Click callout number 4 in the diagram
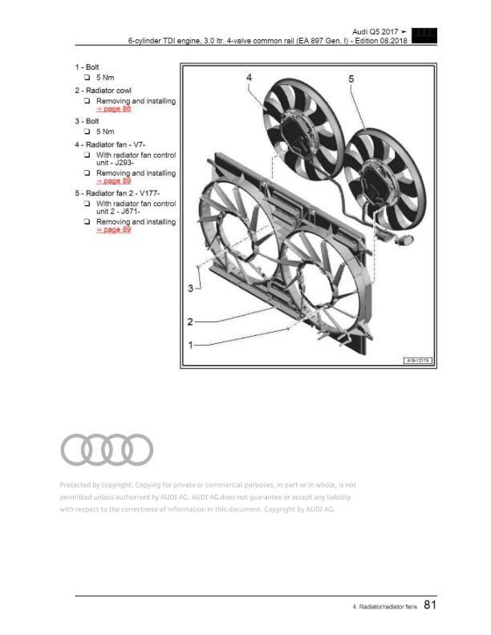(250, 78)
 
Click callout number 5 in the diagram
(352, 79)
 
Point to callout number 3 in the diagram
(192, 287)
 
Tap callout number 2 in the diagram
(191, 322)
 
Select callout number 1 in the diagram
(191, 345)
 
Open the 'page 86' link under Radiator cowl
(113, 110)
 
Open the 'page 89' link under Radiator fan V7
(113, 181)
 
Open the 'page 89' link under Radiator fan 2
(113, 230)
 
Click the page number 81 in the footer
(429, 607)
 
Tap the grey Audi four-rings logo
(107, 449)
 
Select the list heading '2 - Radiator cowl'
(103, 91)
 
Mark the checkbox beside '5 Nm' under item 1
(87, 77)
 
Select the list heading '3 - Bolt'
(87, 121)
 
